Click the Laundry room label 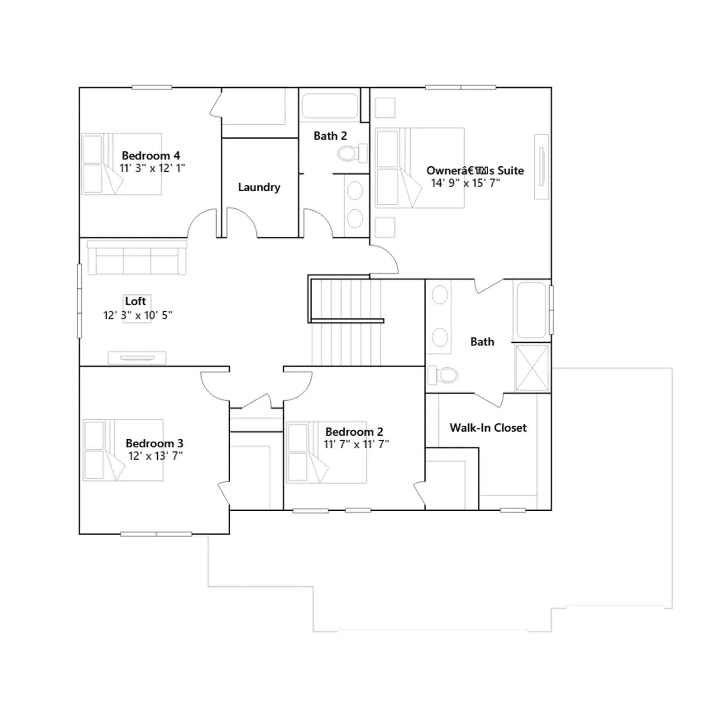[259, 187]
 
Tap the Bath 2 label [330, 136]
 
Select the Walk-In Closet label [488, 428]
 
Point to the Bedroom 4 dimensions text [152, 168]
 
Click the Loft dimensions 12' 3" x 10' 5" [138, 315]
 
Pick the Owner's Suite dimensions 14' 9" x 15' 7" [466, 183]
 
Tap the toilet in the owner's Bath [443, 375]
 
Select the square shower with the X [532, 368]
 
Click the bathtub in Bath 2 [330, 106]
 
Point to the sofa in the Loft [137, 258]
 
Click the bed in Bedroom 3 [123, 450]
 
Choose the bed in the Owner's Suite [420, 168]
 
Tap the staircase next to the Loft [346, 322]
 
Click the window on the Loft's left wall [79, 301]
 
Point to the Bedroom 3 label [154, 443]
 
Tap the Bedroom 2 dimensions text [356, 444]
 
